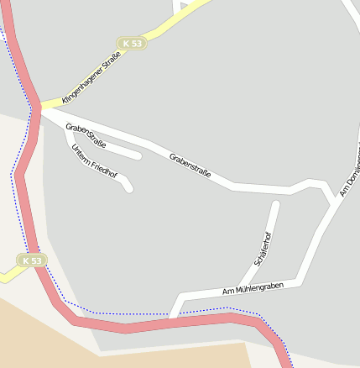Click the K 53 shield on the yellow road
tap(132, 43)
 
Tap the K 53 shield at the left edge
tap(31, 260)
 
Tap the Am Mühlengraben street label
tap(253, 288)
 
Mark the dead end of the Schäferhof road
tap(275, 203)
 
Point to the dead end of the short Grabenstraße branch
tap(138, 155)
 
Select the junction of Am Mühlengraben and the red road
tap(174, 317)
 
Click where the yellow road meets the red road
tap(38, 107)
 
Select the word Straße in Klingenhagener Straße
tap(109, 60)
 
